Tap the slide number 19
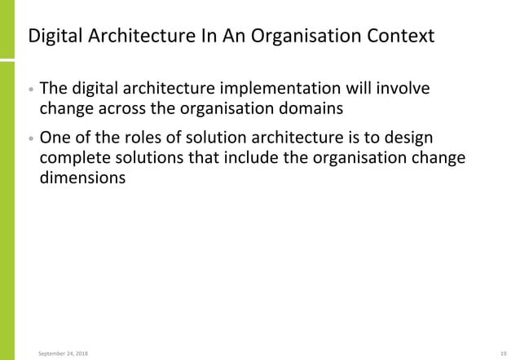[505, 353]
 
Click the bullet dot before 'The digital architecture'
[30, 89]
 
